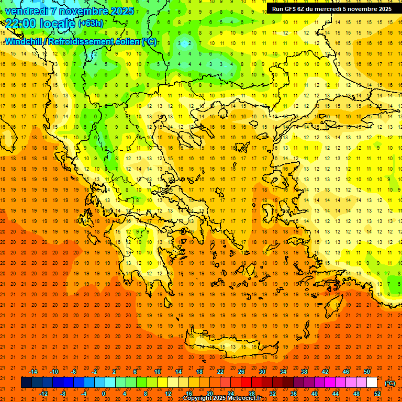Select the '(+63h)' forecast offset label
pyautogui.click(x=90, y=23)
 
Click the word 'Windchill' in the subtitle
pyautogui.click(x=24, y=41)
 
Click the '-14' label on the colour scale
pyautogui.click(x=32, y=371)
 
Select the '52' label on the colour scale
pyautogui.click(x=377, y=393)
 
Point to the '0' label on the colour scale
pyautogui.click(x=104, y=393)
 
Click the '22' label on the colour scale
pyautogui.click(x=220, y=371)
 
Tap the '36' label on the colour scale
pyautogui.click(x=293, y=393)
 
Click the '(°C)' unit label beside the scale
pyautogui.click(x=389, y=383)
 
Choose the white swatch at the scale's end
pyautogui.click(x=372, y=383)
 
